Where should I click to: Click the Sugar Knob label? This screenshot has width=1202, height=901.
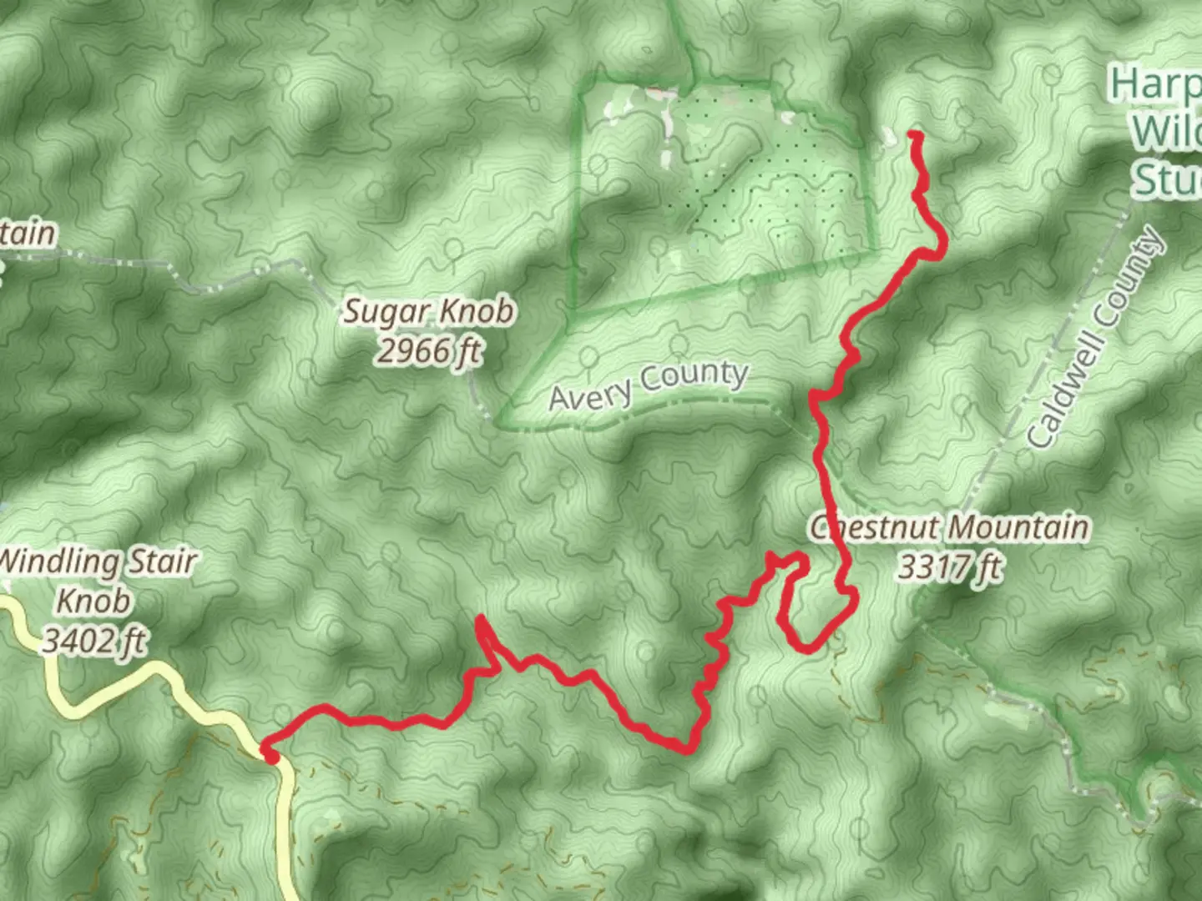(x=429, y=312)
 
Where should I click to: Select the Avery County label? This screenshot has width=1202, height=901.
(x=648, y=385)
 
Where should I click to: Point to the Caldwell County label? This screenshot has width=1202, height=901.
(x=1094, y=337)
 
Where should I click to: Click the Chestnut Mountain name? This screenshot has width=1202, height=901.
(x=950, y=527)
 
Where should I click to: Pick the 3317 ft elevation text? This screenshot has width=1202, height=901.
(x=950, y=568)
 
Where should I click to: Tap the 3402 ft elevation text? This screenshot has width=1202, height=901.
(x=93, y=641)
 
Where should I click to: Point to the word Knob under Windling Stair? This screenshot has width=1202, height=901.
(x=93, y=601)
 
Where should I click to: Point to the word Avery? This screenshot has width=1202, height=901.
(x=588, y=396)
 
